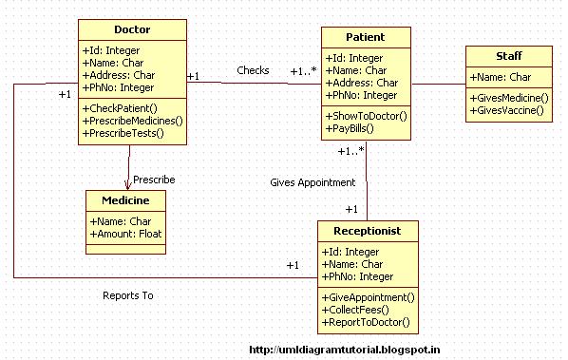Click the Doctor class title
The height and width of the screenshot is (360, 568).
click(x=131, y=30)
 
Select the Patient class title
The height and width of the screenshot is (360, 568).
click(x=366, y=37)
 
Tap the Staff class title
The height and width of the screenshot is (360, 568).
click(x=508, y=56)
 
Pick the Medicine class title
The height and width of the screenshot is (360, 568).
click(x=125, y=199)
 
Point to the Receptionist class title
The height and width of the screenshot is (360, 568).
click(x=366, y=231)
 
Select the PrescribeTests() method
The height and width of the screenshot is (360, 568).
click(x=123, y=134)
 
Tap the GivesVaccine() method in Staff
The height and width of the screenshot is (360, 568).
click(x=509, y=110)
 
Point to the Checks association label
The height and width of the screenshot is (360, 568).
click(x=253, y=70)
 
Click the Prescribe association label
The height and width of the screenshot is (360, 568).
click(x=154, y=179)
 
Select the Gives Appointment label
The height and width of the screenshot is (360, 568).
click(x=312, y=182)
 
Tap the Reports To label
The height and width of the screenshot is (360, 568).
click(x=127, y=295)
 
